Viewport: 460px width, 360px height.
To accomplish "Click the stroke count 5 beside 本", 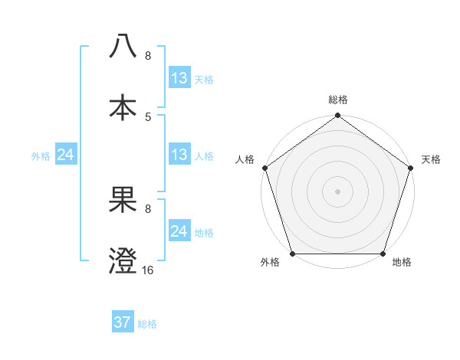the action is (x=148, y=116).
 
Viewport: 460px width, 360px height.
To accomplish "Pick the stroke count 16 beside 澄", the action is (x=148, y=270).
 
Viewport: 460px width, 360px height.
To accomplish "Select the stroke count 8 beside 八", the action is (x=148, y=55).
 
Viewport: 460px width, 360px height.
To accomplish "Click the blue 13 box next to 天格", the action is (x=179, y=78).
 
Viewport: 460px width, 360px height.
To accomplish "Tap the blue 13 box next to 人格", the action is (x=179, y=155).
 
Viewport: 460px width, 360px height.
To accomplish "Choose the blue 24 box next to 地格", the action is (x=179, y=231).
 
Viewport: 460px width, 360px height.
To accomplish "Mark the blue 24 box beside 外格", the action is (x=66, y=155).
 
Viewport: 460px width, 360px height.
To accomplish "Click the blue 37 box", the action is (x=123, y=322).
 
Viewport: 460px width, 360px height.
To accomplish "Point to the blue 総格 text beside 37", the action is (x=147, y=324).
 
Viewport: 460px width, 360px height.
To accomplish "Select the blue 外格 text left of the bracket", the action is (x=41, y=156).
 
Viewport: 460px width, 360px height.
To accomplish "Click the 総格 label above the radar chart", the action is (x=338, y=100).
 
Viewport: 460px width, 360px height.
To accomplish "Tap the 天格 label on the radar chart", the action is (x=432, y=159).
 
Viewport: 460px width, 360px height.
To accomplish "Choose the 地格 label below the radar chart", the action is (x=402, y=262).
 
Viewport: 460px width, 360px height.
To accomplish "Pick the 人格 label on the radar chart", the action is (x=245, y=159).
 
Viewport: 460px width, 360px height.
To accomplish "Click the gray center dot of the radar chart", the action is (x=337, y=191).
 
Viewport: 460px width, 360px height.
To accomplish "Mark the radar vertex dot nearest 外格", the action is (x=292, y=254).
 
